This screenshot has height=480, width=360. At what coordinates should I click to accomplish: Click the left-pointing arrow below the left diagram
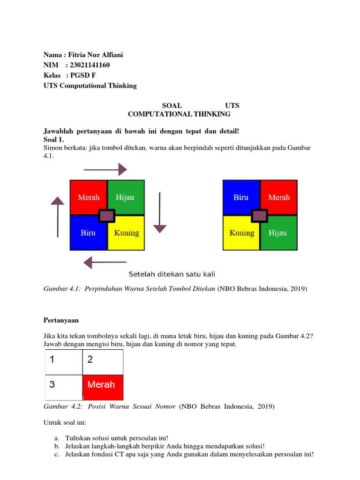pos(105,262)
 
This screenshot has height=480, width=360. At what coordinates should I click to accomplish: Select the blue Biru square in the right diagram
pos(240,197)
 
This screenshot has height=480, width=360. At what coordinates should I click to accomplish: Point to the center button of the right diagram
pos(260,215)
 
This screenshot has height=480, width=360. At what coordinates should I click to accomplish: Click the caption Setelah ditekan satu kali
pos(172,274)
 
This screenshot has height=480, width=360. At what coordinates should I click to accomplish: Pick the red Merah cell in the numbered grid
pos(103,385)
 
